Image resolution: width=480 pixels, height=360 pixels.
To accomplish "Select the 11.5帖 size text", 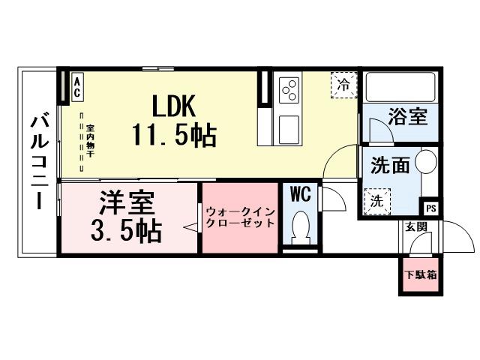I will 174,135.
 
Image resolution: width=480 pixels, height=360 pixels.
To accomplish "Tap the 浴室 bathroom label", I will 407,118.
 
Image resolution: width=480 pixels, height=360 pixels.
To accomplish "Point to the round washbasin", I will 426,163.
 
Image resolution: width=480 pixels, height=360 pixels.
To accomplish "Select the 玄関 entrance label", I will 416,226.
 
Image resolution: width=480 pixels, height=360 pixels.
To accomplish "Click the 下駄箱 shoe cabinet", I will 420,274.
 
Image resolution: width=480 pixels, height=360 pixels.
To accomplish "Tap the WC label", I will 301,194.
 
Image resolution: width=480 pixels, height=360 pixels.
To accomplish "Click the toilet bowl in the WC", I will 301,226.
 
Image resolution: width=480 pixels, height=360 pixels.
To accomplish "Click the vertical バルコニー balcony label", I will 40,160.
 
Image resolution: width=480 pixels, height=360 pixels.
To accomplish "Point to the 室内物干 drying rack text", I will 90,139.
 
